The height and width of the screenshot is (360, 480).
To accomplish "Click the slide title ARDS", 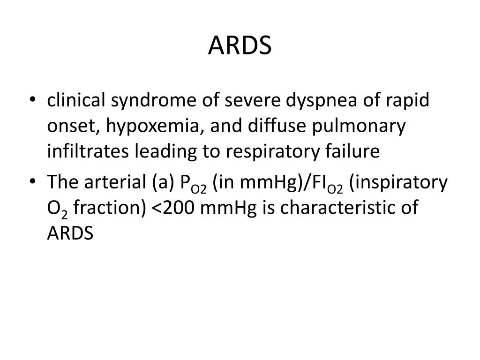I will tap(240, 45).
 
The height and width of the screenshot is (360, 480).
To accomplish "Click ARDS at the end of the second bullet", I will tap(71, 233).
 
